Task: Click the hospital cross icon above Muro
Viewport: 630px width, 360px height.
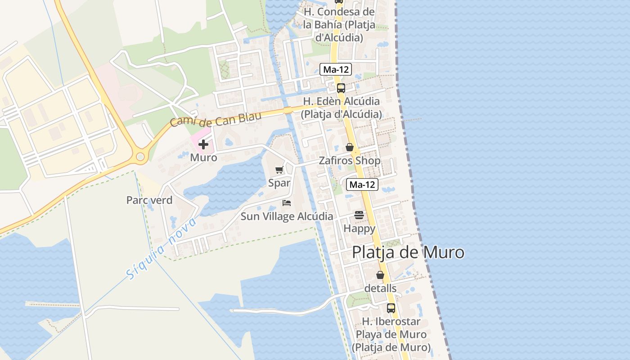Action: [x=203, y=144]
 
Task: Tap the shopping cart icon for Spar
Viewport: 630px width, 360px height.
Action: [x=279, y=170]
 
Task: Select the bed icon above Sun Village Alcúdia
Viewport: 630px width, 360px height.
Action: [x=287, y=203]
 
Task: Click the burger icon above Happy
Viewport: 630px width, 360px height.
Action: [x=359, y=215]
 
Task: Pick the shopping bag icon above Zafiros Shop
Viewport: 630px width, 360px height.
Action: [x=349, y=147]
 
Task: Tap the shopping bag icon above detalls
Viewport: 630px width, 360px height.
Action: [x=380, y=275]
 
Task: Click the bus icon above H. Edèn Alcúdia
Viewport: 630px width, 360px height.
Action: [x=341, y=88]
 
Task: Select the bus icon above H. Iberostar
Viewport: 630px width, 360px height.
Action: [x=391, y=308]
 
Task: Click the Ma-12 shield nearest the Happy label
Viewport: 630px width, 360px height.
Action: [x=362, y=184]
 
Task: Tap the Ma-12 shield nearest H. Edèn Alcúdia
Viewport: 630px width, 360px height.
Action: [x=336, y=69]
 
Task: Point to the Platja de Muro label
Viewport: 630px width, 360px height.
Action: [x=408, y=252]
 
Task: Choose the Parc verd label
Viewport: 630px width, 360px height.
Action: [x=149, y=200]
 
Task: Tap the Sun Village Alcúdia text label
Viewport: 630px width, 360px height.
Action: [x=287, y=216]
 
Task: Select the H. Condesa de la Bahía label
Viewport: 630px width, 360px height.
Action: [x=339, y=25]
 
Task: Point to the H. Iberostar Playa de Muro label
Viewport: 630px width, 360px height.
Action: [x=391, y=334]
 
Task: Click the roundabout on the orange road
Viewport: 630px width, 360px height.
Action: [x=140, y=157]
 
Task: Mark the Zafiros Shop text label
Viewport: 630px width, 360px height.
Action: [x=350, y=161]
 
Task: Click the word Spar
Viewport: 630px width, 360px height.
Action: [x=279, y=183]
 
